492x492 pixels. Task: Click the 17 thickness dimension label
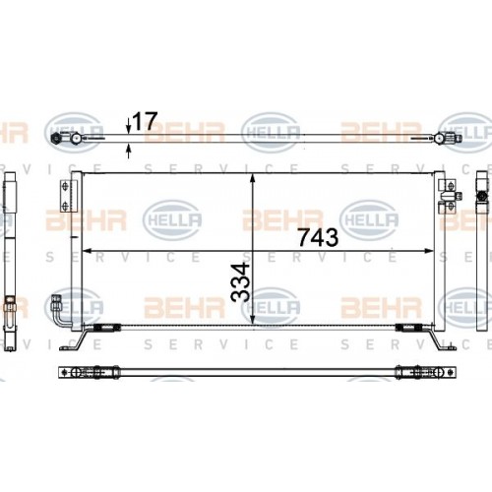[x=145, y=121]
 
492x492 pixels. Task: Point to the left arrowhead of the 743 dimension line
[x=86, y=249]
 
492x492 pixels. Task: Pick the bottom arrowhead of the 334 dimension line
[x=255, y=321]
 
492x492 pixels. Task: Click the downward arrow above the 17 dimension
[x=129, y=126]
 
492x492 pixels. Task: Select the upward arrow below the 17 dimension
[x=129, y=151]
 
